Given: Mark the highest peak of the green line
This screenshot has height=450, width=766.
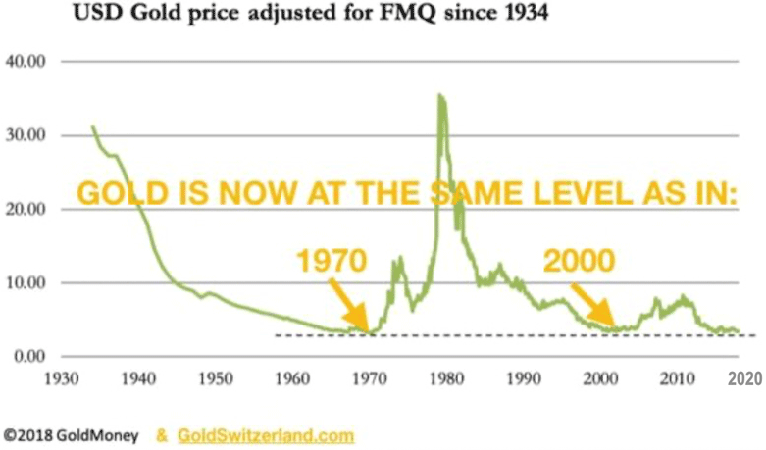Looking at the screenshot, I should coord(439,95).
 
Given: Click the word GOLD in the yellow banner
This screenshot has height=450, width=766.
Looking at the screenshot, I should coord(116,193).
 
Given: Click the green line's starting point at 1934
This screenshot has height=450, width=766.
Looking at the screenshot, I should coord(92,126).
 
